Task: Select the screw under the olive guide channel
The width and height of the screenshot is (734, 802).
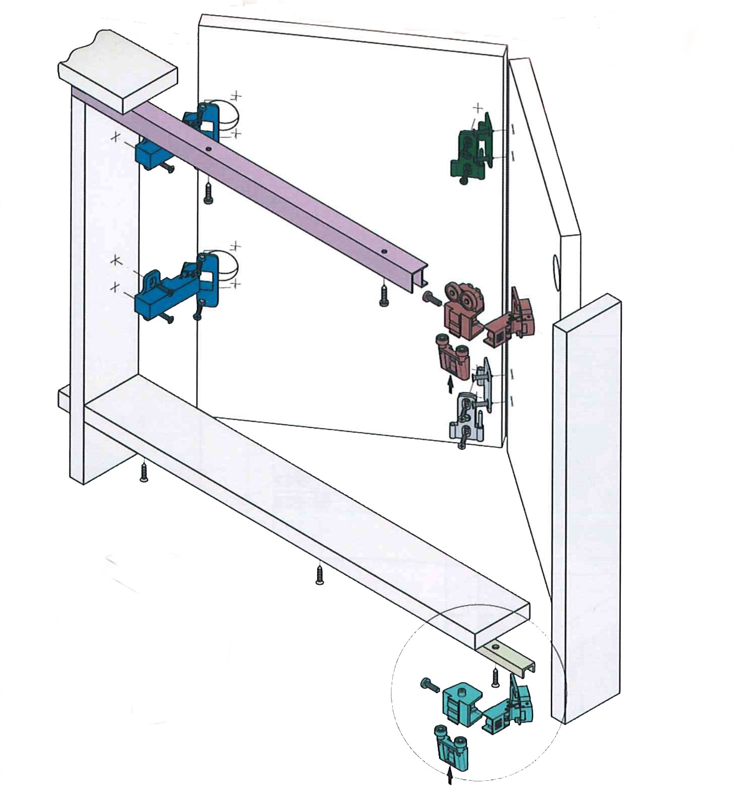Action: pyautogui.click(x=495, y=677)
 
